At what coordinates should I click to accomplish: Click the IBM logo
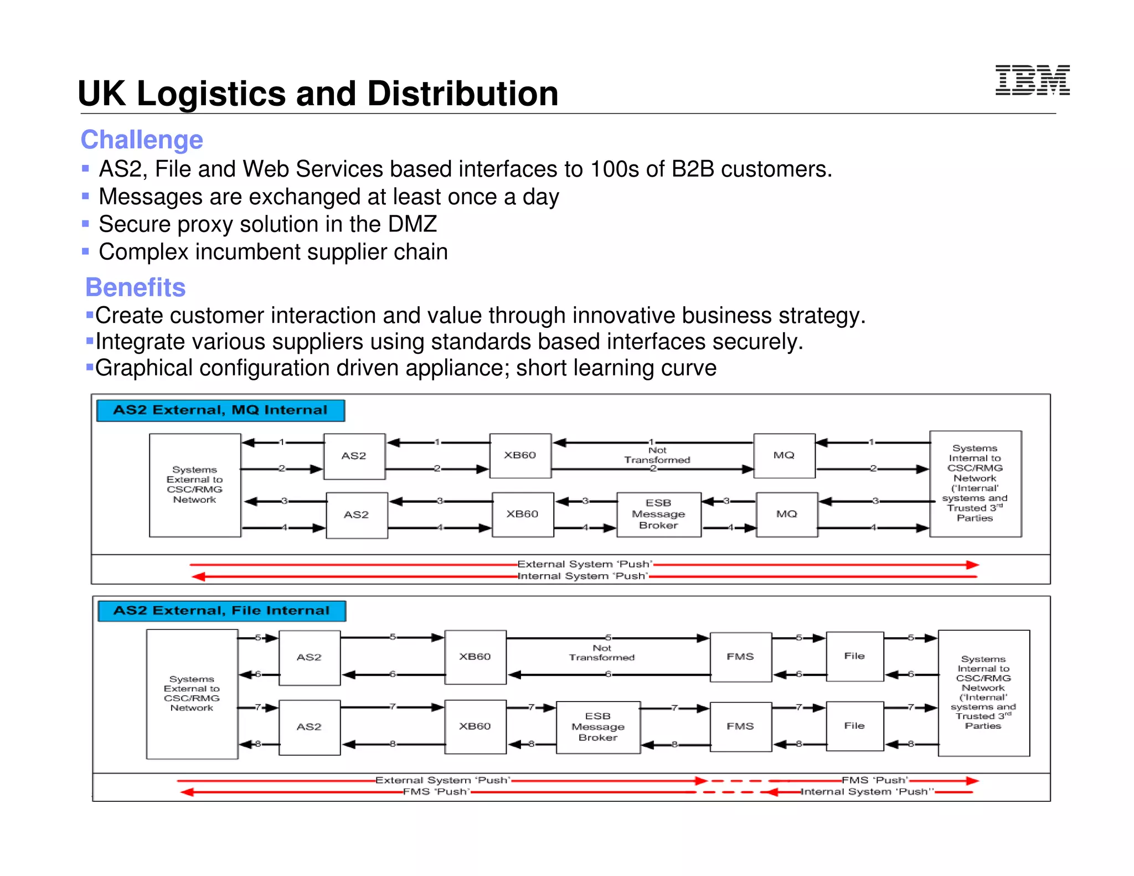1032,80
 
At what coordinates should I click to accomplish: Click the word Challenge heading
142,140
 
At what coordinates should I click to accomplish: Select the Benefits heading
135,287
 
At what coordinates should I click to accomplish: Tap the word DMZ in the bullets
413,224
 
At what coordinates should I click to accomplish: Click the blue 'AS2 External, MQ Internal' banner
220,410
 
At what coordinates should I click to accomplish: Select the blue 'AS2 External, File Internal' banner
221,611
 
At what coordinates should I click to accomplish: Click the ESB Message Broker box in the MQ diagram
658,514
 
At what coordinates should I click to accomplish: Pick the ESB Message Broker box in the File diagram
598,726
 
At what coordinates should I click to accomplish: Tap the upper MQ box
784,455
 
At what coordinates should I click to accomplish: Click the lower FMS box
740,726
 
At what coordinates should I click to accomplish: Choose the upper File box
854,656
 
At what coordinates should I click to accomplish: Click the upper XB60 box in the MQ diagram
520,455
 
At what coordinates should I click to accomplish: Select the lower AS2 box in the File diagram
309,727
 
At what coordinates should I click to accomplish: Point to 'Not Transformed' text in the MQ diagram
657,456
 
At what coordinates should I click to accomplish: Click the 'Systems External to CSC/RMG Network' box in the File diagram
192,693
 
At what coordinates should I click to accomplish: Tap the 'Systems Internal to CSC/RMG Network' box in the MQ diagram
975,483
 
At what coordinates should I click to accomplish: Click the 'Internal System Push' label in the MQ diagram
583,576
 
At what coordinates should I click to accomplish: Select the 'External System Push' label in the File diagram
442,780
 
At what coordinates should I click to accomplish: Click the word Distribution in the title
463,94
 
